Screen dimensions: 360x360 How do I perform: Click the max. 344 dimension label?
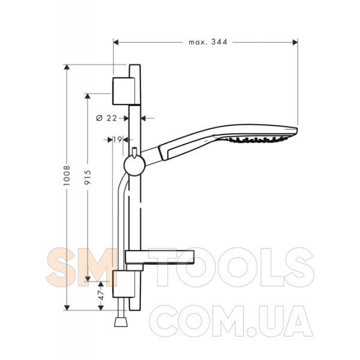click(208, 42)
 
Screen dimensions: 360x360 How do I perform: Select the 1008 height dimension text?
click(67, 176)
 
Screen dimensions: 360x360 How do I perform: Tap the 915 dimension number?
click(88, 177)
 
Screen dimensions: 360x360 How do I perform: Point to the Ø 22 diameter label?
click(107, 118)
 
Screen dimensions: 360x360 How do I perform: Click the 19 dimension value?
click(118, 139)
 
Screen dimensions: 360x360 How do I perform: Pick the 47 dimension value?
click(101, 295)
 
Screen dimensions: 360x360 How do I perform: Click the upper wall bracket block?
click(124, 91)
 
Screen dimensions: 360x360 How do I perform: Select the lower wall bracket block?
click(124, 284)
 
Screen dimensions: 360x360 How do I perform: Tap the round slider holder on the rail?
click(135, 166)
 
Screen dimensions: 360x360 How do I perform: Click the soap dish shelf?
click(160, 257)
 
